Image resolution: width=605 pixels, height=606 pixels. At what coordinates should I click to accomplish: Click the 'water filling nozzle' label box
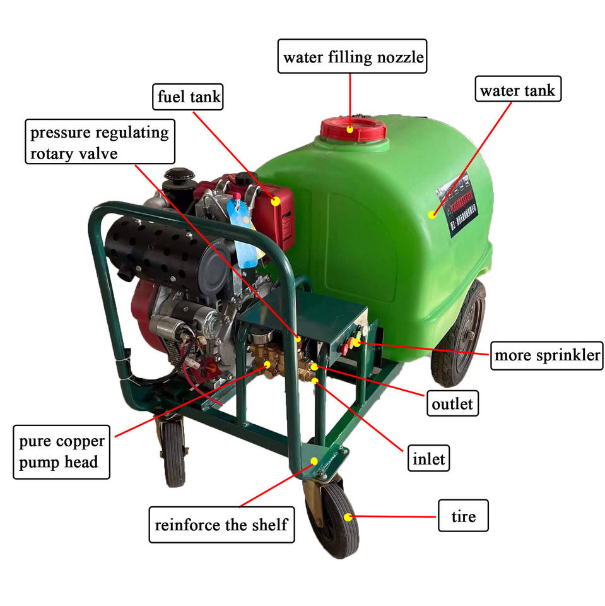click(353, 58)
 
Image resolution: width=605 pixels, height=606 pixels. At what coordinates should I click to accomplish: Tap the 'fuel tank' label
click(189, 97)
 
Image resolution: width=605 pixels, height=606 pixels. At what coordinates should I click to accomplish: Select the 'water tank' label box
click(517, 90)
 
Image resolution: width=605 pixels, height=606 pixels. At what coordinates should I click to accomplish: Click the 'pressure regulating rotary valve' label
click(100, 143)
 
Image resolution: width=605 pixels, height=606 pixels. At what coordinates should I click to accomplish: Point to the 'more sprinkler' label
click(546, 355)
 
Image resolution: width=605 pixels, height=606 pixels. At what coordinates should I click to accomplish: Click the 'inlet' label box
click(428, 459)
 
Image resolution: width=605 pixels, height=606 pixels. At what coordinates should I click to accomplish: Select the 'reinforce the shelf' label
click(221, 524)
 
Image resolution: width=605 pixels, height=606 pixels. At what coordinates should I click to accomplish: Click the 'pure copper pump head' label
click(61, 451)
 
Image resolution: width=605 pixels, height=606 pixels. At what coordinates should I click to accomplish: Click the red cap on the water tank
click(353, 129)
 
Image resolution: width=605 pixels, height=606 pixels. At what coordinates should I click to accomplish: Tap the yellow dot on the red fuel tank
click(276, 202)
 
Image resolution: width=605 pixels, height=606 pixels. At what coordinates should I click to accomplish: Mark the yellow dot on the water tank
click(432, 214)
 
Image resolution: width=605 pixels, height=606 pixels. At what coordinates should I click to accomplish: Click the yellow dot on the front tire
click(348, 518)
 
